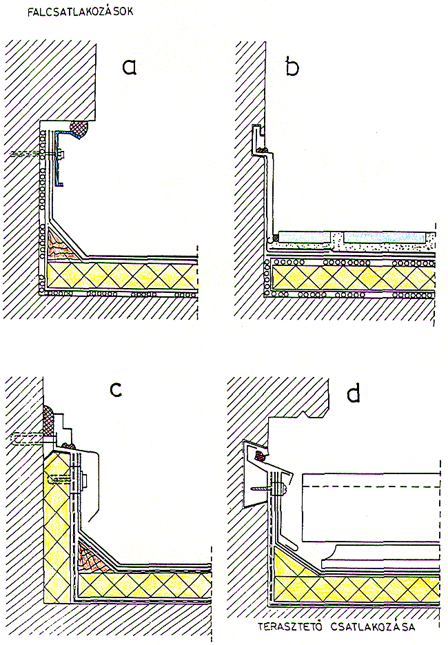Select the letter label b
point(292,66)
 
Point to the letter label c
point(116,389)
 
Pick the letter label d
point(353,394)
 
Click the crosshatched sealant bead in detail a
point(81,127)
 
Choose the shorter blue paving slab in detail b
point(305,236)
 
